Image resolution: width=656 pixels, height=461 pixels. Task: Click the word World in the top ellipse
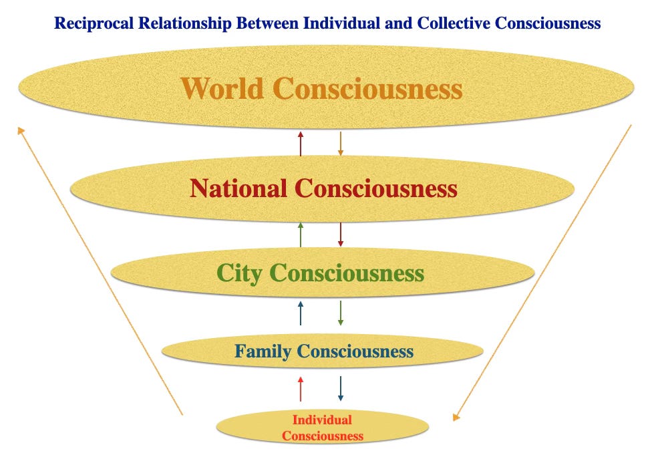223,89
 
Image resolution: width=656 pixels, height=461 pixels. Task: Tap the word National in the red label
239,188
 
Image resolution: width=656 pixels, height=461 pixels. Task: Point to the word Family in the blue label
263,351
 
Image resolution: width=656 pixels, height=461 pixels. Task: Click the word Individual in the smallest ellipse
322,420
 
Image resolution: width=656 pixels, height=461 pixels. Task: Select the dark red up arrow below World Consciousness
301,144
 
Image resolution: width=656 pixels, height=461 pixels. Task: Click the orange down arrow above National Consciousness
341,144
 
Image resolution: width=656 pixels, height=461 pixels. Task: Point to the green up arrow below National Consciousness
301,235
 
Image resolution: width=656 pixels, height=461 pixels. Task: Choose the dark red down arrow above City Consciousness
341,235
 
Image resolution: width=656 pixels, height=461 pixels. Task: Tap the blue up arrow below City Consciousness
301,313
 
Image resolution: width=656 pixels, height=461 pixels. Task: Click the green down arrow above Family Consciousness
341,313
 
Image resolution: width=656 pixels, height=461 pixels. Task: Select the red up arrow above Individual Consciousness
301,389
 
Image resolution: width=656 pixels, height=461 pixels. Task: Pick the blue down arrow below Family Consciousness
341,389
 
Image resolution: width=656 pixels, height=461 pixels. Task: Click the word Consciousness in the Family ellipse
355,351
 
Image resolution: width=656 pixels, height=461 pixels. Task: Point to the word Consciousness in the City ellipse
347,273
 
